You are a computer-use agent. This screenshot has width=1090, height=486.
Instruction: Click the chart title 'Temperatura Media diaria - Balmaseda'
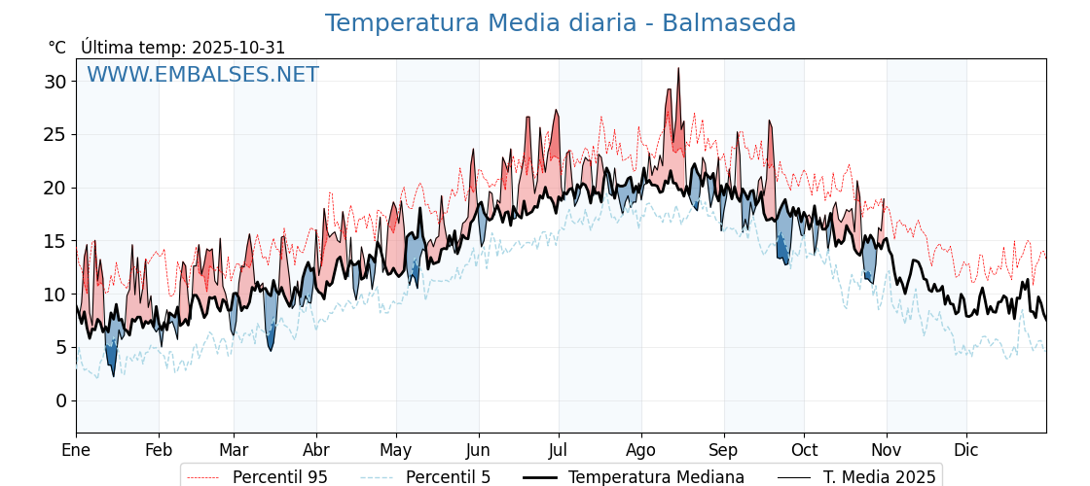click(560, 23)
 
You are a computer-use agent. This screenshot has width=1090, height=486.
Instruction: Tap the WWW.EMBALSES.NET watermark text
click(202, 75)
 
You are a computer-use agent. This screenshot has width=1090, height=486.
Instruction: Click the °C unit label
click(56, 48)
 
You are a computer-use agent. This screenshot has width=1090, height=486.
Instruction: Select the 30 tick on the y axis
click(54, 82)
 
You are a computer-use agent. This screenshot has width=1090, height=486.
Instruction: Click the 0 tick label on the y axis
click(60, 400)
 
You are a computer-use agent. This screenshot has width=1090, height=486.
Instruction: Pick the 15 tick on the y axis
click(54, 241)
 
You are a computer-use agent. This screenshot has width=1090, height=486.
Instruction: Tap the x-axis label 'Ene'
click(76, 450)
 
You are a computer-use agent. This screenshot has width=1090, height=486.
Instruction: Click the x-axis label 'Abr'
click(316, 450)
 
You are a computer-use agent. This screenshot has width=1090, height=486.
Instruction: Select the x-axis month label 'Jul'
click(559, 450)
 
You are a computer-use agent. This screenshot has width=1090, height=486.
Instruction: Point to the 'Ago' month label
click(641, 450)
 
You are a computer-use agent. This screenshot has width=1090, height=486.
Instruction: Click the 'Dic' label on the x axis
click(966, 450)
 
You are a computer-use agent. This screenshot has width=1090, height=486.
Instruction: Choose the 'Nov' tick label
click(887, 450)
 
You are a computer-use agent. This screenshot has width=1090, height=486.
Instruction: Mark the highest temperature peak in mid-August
click(678, 69)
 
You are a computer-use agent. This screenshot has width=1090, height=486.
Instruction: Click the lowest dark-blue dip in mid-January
click(113, 375)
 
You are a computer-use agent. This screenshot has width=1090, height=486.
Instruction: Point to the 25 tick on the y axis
click(54, 134)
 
